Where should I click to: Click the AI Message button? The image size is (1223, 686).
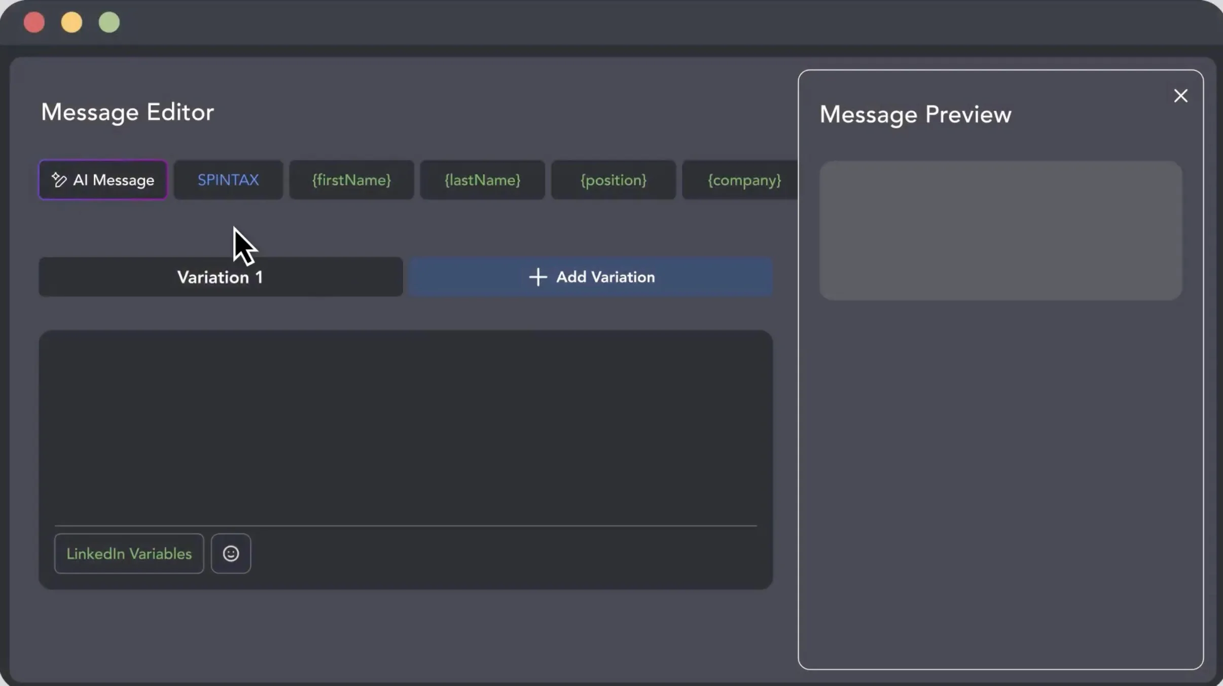click(x=103, y=180)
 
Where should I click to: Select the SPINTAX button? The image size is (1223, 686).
click(x=228, y=180)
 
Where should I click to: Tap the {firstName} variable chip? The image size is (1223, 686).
click(x=351, y=180)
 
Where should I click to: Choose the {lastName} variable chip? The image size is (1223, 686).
click(x=482, y=180)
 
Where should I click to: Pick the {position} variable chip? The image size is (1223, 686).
click(x=614, y=180)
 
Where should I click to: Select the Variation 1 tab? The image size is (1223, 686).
click(x=221, y=277)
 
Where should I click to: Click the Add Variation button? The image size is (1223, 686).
click(x=591, y=277)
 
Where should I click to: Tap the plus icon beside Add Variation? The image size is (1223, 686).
click(x=538, y=277)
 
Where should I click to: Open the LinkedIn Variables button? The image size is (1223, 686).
click(x=129, y=554)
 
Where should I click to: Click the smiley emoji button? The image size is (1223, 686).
click(x=231, y=554)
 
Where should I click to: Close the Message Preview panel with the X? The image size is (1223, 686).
click(x=1180, y=95)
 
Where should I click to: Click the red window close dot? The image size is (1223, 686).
click(x=34, y=22)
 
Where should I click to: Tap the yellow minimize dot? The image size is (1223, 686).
click(x=71, y=22)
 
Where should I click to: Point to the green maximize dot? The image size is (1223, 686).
click(x=109, y=22)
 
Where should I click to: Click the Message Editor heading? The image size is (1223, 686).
click(x=127, y=112)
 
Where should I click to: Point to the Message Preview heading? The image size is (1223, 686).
click(x=915, y=114)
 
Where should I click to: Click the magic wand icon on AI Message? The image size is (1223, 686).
click(x=59, y=180)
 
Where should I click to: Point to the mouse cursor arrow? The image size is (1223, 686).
click(x=243, y=246)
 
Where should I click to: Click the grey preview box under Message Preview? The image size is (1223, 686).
click(x=1000, y=230)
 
